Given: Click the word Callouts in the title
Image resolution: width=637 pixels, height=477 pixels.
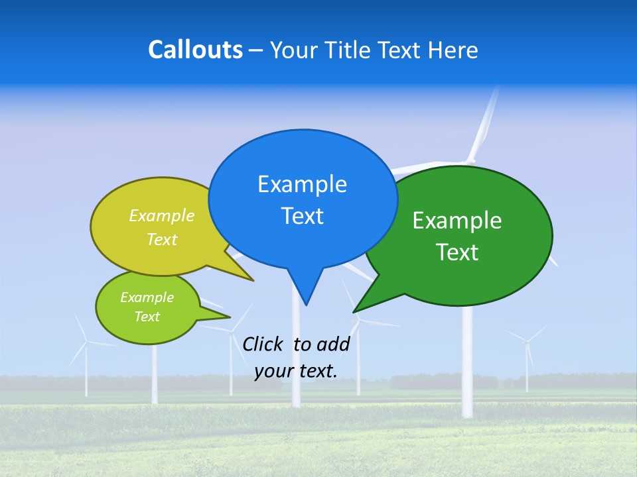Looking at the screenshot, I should coord(195,50).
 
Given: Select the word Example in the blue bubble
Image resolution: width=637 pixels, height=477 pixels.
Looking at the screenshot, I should coord(302,184).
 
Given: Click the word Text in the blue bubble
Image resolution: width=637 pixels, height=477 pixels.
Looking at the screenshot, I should coord(302,216).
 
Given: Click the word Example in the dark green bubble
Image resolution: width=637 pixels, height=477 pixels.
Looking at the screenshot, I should coord(457,221).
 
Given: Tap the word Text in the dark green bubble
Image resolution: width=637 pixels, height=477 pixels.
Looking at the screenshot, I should coord(457,252).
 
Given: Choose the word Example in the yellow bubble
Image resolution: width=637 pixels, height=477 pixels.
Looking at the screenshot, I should coord(162,216).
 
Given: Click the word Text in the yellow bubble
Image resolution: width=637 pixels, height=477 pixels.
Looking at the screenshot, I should coord(162,240).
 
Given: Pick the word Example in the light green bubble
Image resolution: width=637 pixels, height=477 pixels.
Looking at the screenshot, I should coord(147,297).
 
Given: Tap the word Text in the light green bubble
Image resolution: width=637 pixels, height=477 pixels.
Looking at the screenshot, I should coord(147,317).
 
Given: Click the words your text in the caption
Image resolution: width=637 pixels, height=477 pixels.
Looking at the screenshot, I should coord(295,371).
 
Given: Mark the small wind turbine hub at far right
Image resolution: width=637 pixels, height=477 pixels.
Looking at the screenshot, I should coord(527,342).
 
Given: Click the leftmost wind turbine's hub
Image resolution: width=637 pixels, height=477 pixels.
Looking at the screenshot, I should coord(86,342).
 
